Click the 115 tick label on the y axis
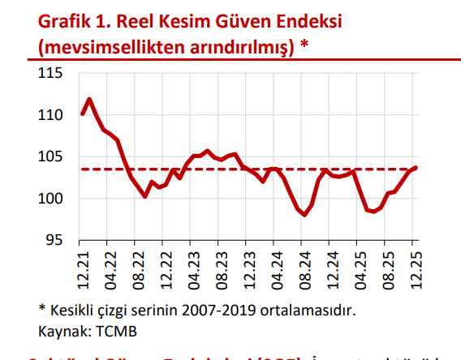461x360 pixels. click(x=52, y=74)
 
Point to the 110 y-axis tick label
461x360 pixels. click(x=52, y=116)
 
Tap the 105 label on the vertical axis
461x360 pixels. click(x=52, y=157)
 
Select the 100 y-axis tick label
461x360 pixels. click(x=52, y=199)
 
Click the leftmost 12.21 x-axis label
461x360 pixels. click(x=82, y=268)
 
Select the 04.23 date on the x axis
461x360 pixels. click(x=192, y=268)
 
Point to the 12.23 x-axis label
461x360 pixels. click(x=248, y=268)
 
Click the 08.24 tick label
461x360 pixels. click(x=303, y=268)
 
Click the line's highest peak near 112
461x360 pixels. click(x=89, y=100)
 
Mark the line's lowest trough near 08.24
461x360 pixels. click(x=305, y=215)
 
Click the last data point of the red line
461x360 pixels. click(x=416, y=168)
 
